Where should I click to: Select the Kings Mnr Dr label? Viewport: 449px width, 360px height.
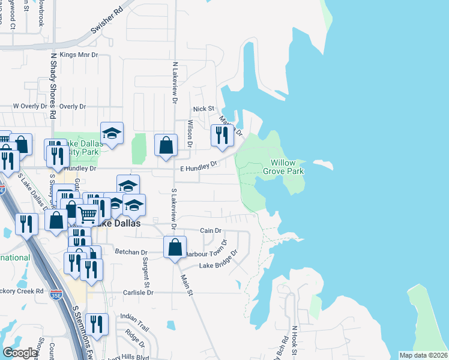click(79, 55)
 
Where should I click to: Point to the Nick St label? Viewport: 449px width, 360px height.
click(203, 109)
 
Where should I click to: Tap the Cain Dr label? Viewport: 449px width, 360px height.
click(211, 230)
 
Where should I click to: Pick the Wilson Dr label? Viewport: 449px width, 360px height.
click(190, 133)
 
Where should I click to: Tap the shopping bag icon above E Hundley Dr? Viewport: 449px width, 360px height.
click(166, 145)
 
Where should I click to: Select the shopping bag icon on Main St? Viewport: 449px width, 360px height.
click(175, 247)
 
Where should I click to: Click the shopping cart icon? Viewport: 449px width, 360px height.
click(88, 213)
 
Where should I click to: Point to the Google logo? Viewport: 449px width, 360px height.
click(20, 353)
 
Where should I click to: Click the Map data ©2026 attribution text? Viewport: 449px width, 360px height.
click(423, 355)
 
